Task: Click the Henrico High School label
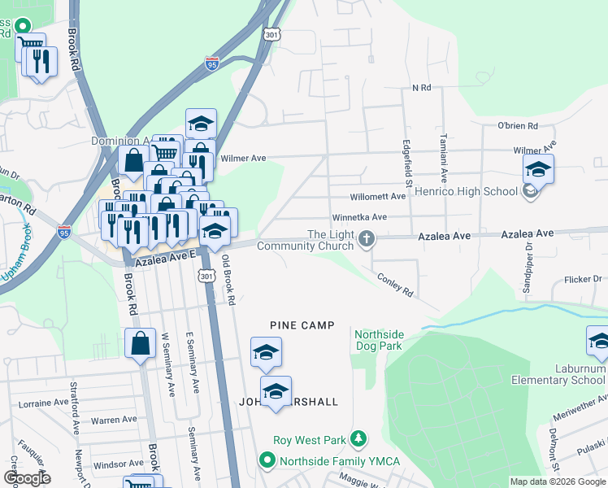click(466, 192)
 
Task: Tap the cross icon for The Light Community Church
click(367, 238)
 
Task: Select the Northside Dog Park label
click(378, 340)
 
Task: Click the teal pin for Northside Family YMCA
click(267, 461)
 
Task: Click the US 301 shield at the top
click(271, 34)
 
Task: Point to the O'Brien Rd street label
click(518, 126)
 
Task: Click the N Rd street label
click(420, 87)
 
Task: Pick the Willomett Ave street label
click(377, 197)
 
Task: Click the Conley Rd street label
click(395, 285)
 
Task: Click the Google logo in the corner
click(26, 477)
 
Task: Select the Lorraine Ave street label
click(46, 402)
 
